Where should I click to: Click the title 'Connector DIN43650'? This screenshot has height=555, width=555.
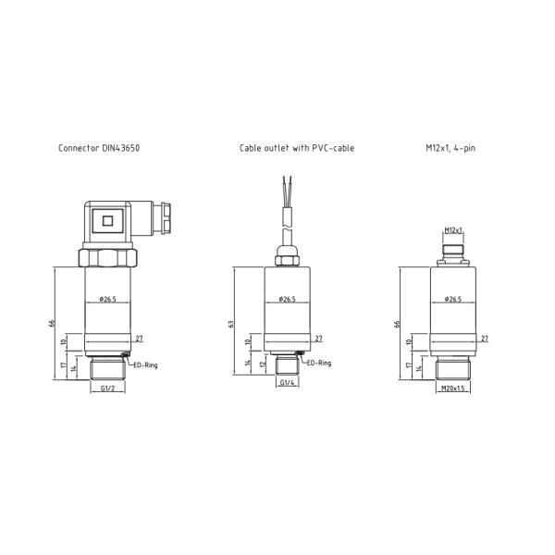99,148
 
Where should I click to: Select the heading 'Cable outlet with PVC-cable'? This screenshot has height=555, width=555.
296,148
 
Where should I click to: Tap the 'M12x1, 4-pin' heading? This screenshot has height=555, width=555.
450,148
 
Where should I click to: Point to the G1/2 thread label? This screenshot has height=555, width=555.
107,389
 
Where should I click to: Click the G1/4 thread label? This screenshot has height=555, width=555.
287,383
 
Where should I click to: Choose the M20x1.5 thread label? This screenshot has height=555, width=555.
453,388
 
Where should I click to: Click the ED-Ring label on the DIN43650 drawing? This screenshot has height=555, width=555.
145,365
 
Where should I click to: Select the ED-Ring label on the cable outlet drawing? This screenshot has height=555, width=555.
318,364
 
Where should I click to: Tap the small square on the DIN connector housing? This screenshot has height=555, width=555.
107,221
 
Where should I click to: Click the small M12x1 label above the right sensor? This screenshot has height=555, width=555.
453,230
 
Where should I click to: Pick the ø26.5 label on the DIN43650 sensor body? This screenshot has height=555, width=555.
107,300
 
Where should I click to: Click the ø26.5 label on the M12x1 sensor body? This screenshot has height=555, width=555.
453,300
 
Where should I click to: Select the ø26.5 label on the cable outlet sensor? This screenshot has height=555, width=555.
287,300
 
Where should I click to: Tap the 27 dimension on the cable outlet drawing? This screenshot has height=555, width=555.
318,339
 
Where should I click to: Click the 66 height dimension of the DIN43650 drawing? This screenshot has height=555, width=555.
52,323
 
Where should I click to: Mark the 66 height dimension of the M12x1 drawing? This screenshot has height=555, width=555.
397,324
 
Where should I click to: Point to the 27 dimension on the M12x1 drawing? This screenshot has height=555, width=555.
485,339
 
